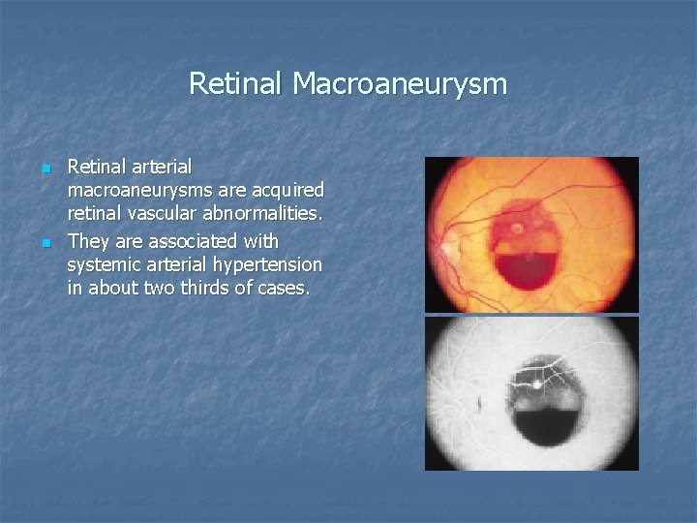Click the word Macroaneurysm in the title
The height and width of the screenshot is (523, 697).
click(399, 84)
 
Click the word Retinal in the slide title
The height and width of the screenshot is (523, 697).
click(236, 84)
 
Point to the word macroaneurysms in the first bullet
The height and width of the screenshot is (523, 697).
click(135, 190)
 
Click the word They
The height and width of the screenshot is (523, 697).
click(88, 240)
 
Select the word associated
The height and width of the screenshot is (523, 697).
click(187, 240)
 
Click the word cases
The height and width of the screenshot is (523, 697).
click(286, 288)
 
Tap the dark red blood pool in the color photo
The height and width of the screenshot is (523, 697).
click(529, 265)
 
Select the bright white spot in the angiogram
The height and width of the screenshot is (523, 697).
click(533, 384)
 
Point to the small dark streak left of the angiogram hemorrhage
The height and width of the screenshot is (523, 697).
click(478, 398)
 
